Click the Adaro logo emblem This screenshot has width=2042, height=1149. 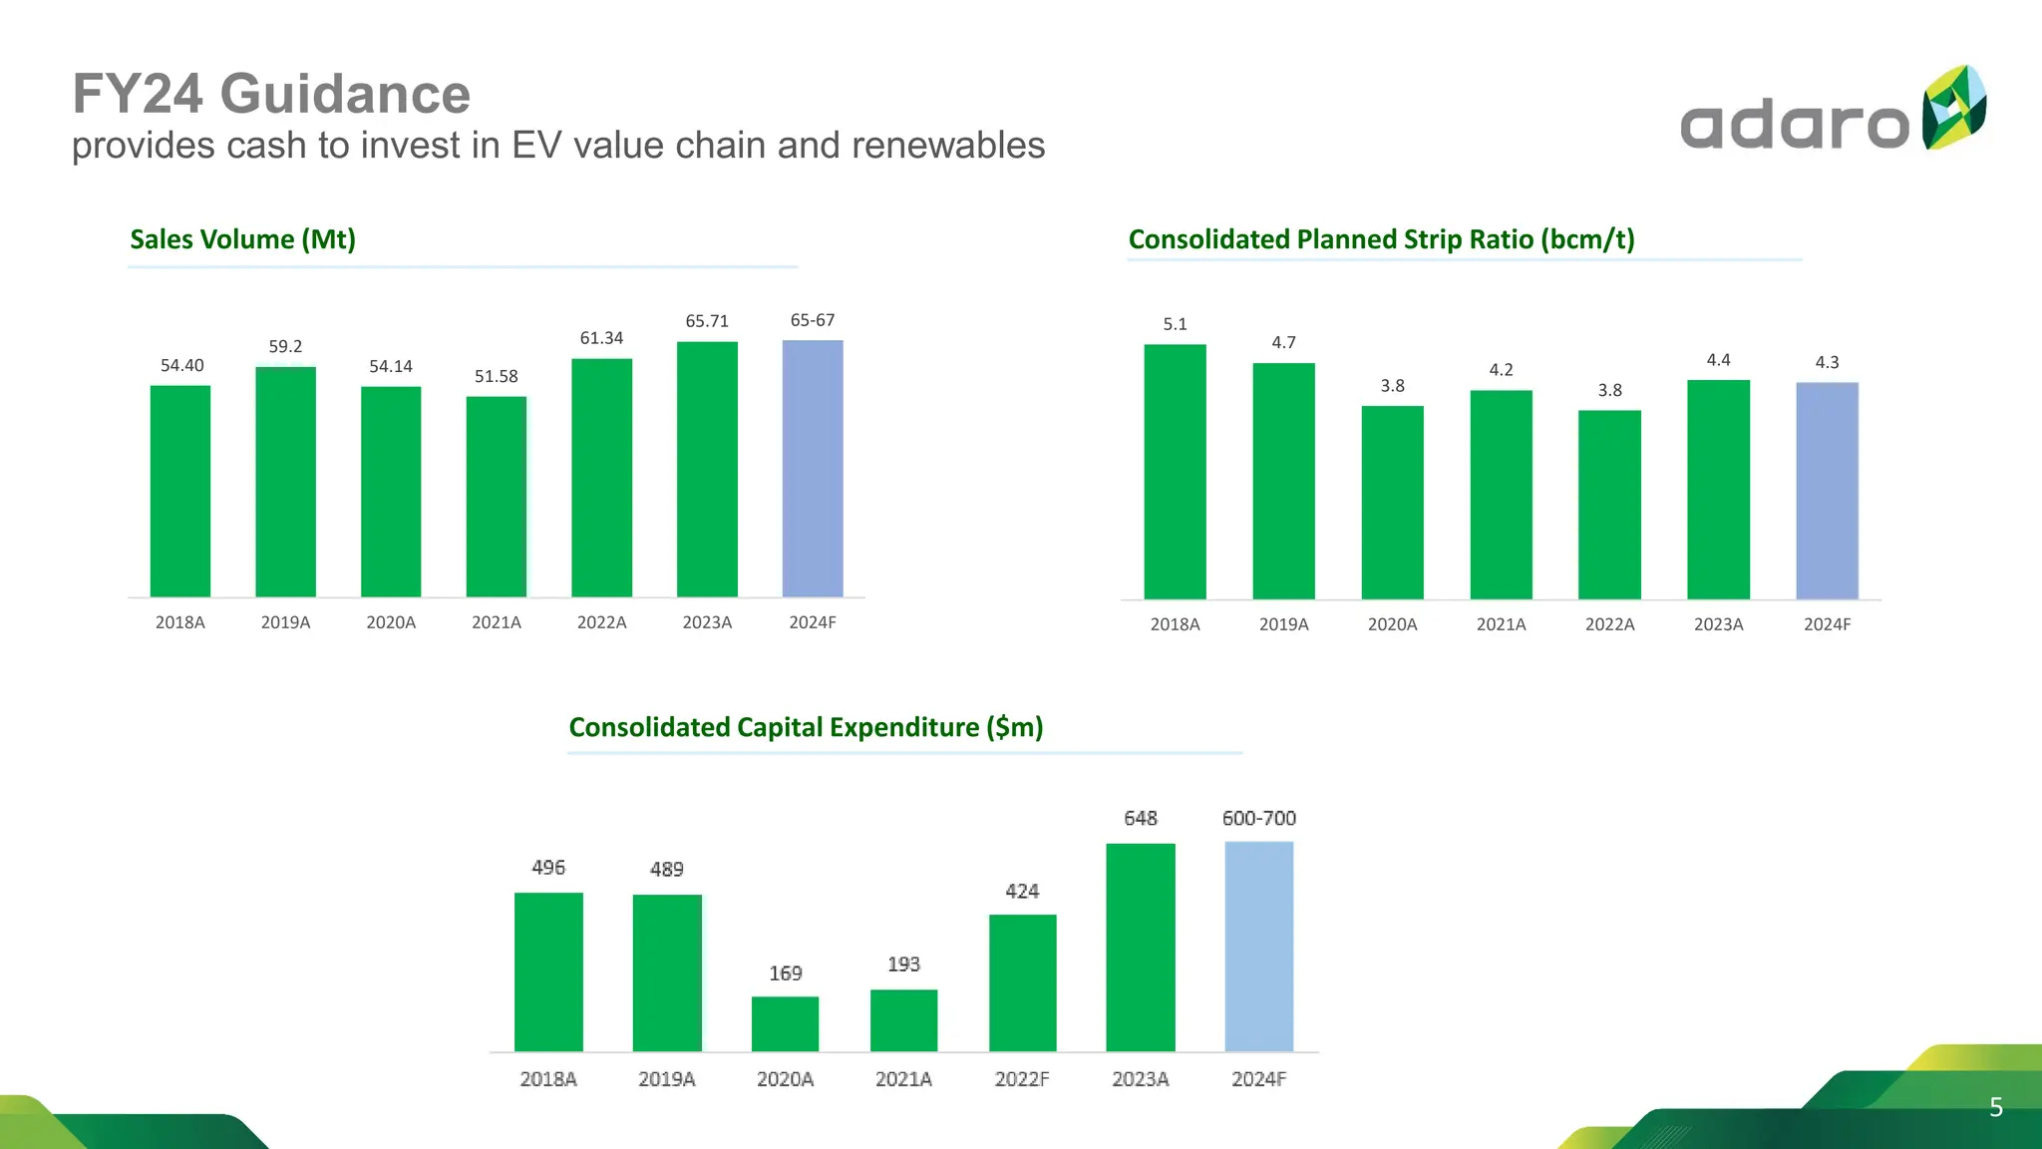point(1953,108)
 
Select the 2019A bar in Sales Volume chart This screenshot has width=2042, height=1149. point(285,482)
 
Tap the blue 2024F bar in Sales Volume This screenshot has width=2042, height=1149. point(813,469)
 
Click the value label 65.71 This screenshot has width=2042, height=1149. point(707,321)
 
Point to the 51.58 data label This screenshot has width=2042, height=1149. point(496,376)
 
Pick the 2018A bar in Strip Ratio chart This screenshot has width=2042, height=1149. point(1175,472)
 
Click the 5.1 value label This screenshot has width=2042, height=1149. point(1175,324)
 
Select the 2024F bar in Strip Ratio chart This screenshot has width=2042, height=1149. point(1827,491)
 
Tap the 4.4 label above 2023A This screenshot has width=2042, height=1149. point(1718,360)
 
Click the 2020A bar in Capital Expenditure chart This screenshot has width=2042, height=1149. point(785,1023)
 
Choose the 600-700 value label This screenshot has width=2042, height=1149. point(1258,818)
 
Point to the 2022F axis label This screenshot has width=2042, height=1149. point(1022,1079)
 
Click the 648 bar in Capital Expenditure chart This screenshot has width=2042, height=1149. point(1141,948)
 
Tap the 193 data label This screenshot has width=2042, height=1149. point(903,964)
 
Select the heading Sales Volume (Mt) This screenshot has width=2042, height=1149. point(242,239)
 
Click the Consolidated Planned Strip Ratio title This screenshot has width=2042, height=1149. point(1381,239)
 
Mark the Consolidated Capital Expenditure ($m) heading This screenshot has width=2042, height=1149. point(806,727)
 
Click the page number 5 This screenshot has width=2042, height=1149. point(1996,1107)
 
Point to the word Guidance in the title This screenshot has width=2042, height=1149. point(345,94)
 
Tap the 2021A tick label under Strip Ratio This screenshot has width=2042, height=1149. point(1501,624)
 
